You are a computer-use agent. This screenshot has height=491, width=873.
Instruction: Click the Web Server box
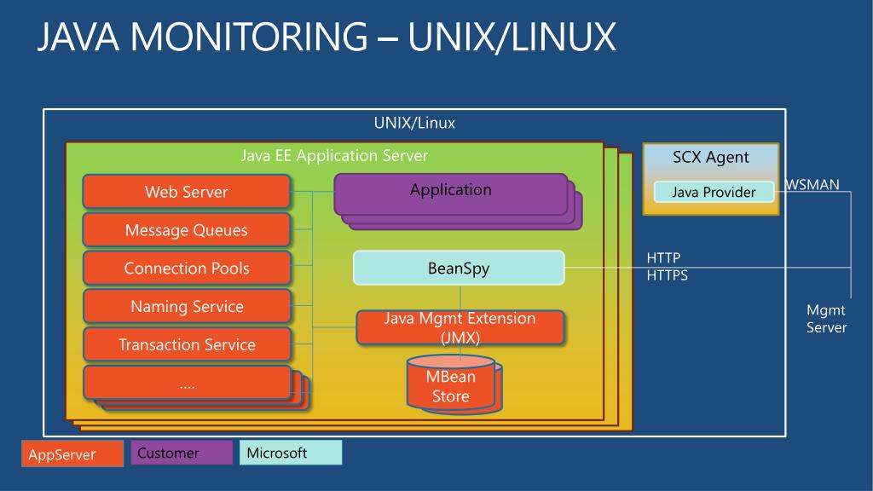click(187, 192)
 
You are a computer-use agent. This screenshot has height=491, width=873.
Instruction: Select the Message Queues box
click(187, 230)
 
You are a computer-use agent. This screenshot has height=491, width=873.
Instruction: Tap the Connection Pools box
click(187, 268)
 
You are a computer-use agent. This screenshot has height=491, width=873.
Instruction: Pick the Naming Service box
click(187, 306)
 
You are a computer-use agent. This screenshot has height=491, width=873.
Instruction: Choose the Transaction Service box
click(187, 344)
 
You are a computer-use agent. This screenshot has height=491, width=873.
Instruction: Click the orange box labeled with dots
click(187, 383)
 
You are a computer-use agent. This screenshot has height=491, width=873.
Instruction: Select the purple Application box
click(450, 194)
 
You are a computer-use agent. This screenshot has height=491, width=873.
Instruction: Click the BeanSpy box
click(459, 268)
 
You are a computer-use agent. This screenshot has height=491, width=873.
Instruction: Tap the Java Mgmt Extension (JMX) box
click(460, 327)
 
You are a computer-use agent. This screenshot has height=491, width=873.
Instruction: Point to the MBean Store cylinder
click(451, 385)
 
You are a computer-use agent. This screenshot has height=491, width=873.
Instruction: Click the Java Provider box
click(714, 192)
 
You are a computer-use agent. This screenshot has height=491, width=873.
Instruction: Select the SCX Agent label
click(710, 157)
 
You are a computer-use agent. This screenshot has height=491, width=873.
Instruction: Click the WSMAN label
click(812, 184)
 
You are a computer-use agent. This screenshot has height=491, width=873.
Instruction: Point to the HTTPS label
click(667, 275)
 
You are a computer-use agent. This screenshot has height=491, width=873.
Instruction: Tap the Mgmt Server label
click(826, 319)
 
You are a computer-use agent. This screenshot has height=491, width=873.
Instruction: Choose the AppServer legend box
click(72, 453)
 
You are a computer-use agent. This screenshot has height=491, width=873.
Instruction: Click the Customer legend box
click(182, 453)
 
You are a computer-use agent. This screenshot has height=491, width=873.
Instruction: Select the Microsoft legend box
click(291, 453)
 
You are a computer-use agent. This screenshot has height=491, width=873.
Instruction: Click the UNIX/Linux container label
click(414, 123)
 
